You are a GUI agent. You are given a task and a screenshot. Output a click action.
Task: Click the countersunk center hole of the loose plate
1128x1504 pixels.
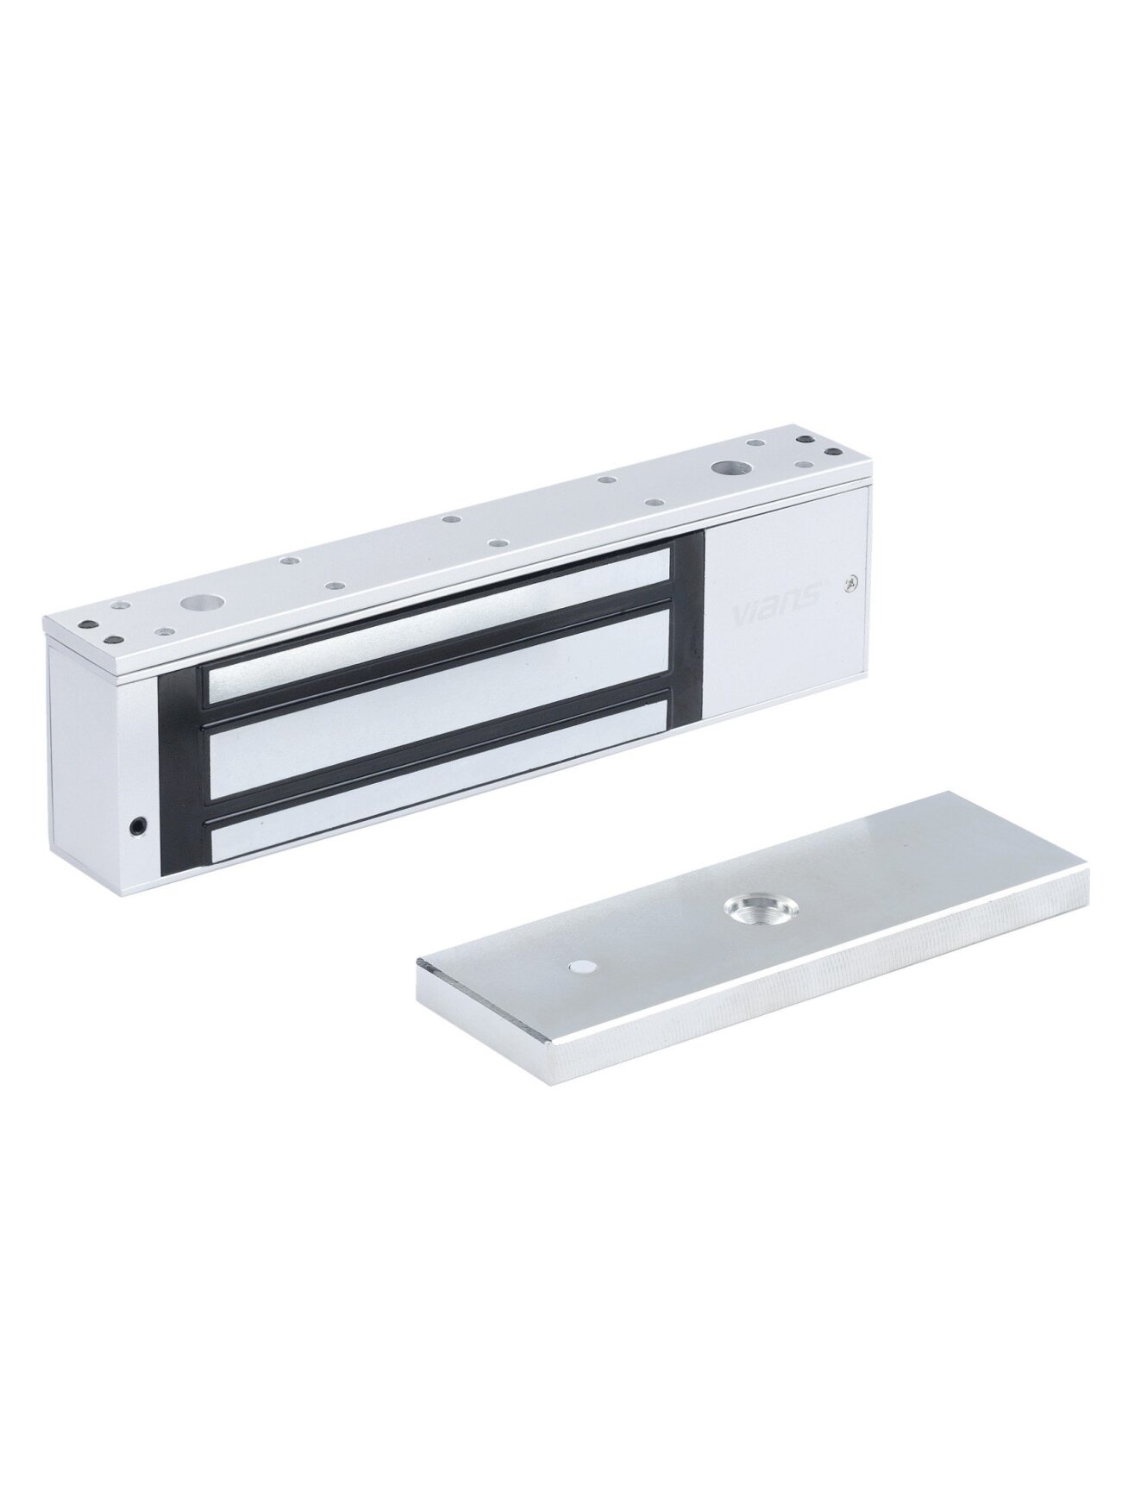pos(747,907)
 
